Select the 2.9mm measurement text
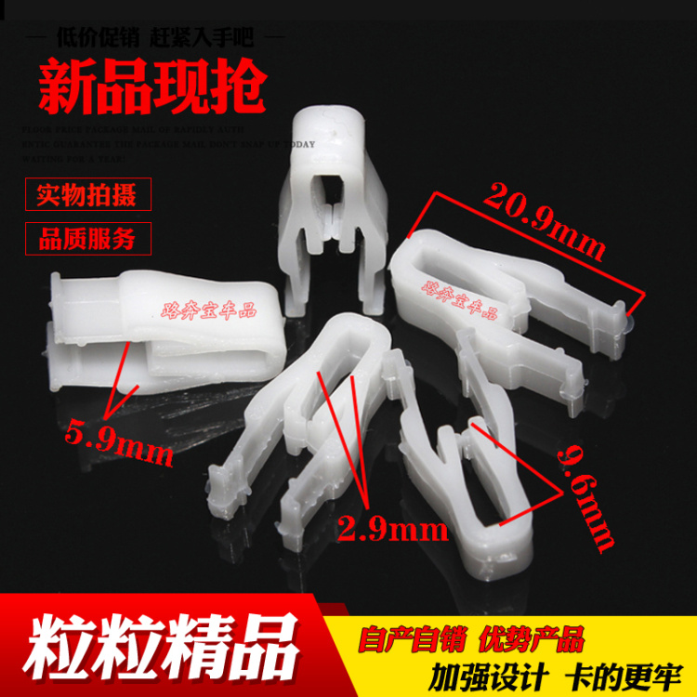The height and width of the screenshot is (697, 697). tap(391, 531)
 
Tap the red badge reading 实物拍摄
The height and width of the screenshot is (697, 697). tap(86, 196)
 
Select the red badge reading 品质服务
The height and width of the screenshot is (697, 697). tap(86, 239)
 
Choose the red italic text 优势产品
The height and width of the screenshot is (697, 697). tap(531, 639)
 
